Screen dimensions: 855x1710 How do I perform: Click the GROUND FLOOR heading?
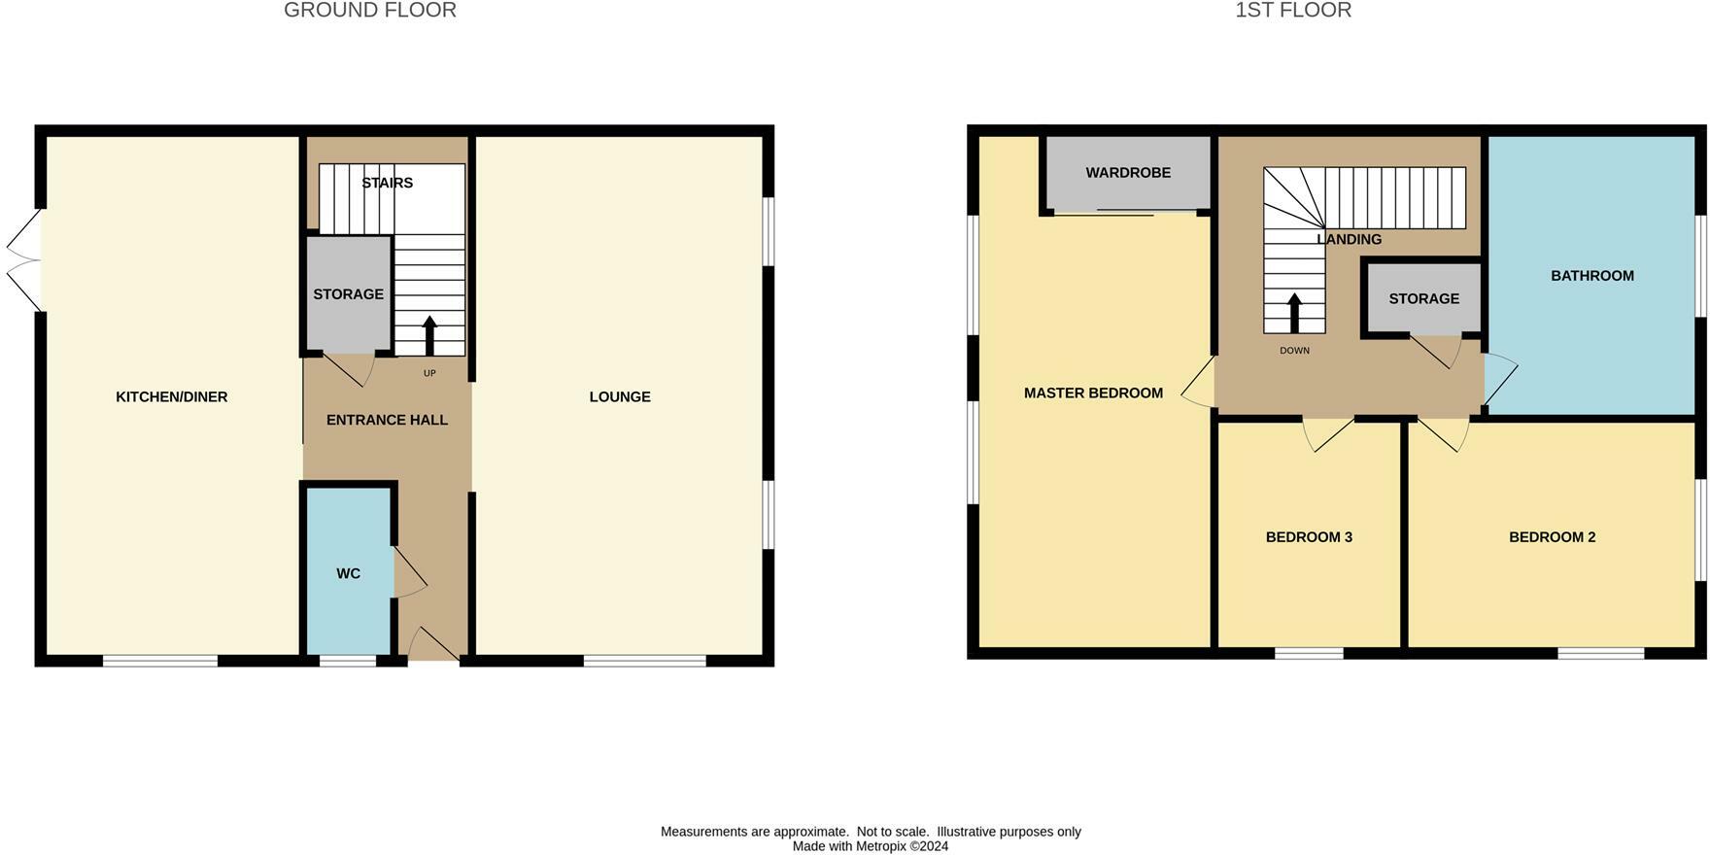tap(369, 11)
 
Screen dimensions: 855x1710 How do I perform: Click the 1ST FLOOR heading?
tap(1292, 11)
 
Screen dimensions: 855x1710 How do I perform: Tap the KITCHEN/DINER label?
tap(171, 396)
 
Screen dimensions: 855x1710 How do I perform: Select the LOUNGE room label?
tap(620, 396)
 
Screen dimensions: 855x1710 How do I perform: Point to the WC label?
tap(348, 574)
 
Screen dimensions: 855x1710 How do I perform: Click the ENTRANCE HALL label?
tap(387, 420)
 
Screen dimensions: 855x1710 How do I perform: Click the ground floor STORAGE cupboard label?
tap(348, 294)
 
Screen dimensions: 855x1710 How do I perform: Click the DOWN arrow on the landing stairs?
tap(1294, 312)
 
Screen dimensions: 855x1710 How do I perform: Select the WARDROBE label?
tap(1128, 173)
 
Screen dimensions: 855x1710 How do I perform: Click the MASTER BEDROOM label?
tap(1093, 393)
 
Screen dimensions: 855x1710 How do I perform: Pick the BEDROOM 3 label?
tap(1309, 537)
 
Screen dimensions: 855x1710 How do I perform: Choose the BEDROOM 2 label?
tap(1552, 537)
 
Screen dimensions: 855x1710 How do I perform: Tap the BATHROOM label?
tap(1591, 276)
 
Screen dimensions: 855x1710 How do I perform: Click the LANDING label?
tap(1349, 239)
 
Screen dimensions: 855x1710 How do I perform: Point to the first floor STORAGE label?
tap(1423, 299)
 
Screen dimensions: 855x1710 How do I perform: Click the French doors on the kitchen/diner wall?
tap(25, 260)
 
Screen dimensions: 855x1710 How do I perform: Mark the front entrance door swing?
tap(432, 644)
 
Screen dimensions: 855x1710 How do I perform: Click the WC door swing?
tap(409, 572)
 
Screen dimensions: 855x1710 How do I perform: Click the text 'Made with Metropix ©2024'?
tap(870, 846)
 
